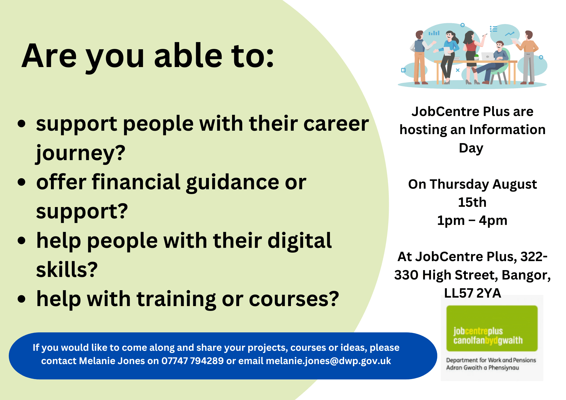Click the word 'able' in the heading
pyautogui.click(x=188, y=55)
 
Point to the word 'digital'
pyautogui.click(x=300, y=240)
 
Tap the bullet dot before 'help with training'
pyautogui.click(x=22, y=299)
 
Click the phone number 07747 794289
pyautogui.click(x=192, y=361)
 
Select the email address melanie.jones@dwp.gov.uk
pyautogui.click(x=329, y=361)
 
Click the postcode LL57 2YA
pyautogui.click(x=473, y=293)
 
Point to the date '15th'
pyautogui.click(x=472, y=202)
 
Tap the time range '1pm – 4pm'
pyautogui.click(x=472, y=220)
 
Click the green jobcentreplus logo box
pyautogui.click(x=492, y=328)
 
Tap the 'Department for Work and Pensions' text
pyautogui.click(x=491, y=360)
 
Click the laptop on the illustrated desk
pyautogui.click(x=487, y=56)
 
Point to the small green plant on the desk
pyautogui.click(x=477, y=57)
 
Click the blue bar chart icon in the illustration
pyautogui.click(x=434, y=33)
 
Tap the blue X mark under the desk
pyautogui.click(x=458, y=70)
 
